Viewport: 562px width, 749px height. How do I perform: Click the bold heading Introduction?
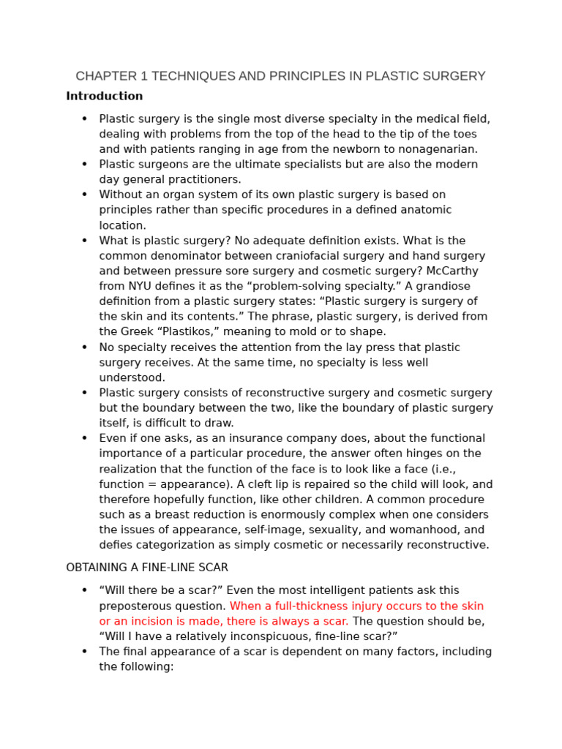tap(104, 96)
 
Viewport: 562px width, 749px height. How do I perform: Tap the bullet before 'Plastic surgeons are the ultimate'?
tap(84, 165)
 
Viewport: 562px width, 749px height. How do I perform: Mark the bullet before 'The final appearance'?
tap(84, 652)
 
